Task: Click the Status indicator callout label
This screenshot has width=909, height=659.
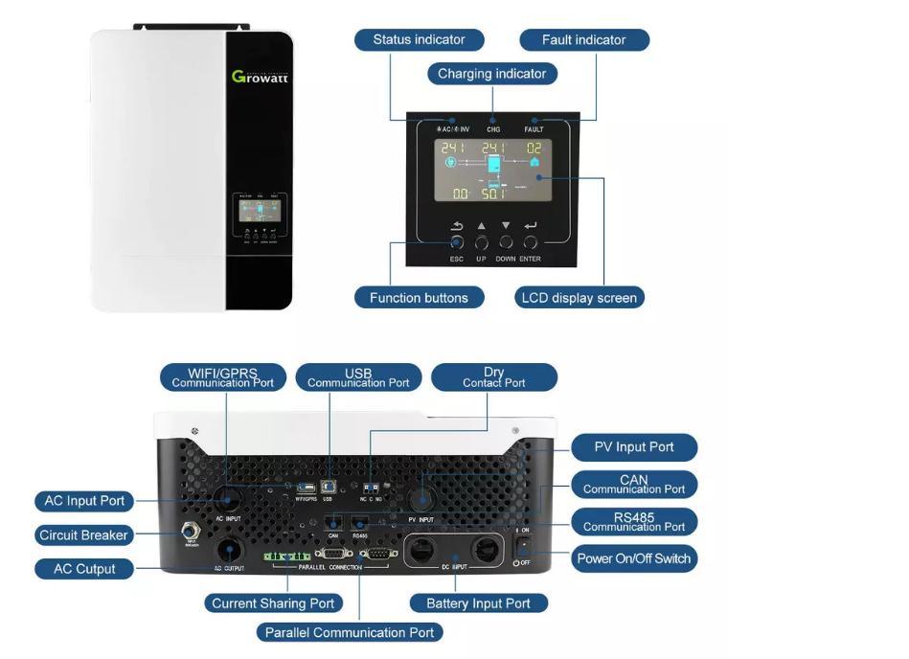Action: click(419, 40)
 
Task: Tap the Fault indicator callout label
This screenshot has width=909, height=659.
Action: click(583, 40)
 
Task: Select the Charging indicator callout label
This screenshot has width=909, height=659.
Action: click(491, 74)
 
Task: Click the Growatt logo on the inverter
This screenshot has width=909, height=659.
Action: click(260, 76)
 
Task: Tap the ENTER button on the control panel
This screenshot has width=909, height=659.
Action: click(530, 243)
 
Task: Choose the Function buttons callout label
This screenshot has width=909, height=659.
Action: click(419, 298)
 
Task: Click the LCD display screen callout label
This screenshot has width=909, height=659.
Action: click(579, 298)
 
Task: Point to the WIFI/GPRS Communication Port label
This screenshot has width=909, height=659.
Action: click(223, 377)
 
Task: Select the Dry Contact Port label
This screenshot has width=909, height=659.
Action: click(493, 377)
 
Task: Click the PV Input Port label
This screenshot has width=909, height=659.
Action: click(633, 447)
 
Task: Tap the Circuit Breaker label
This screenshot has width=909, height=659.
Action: click(83, 535)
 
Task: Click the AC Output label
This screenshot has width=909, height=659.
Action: click(83, 569)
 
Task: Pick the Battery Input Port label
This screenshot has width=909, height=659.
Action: click(478, 603)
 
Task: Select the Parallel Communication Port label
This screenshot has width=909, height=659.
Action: click(350, 632)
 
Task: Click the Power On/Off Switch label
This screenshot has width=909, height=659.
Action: click(633, 558)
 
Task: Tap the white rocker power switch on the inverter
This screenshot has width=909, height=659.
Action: click(524, 545)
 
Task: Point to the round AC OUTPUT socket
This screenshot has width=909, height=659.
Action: click(228, 551)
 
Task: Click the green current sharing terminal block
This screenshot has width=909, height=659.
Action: click(286, 557)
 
